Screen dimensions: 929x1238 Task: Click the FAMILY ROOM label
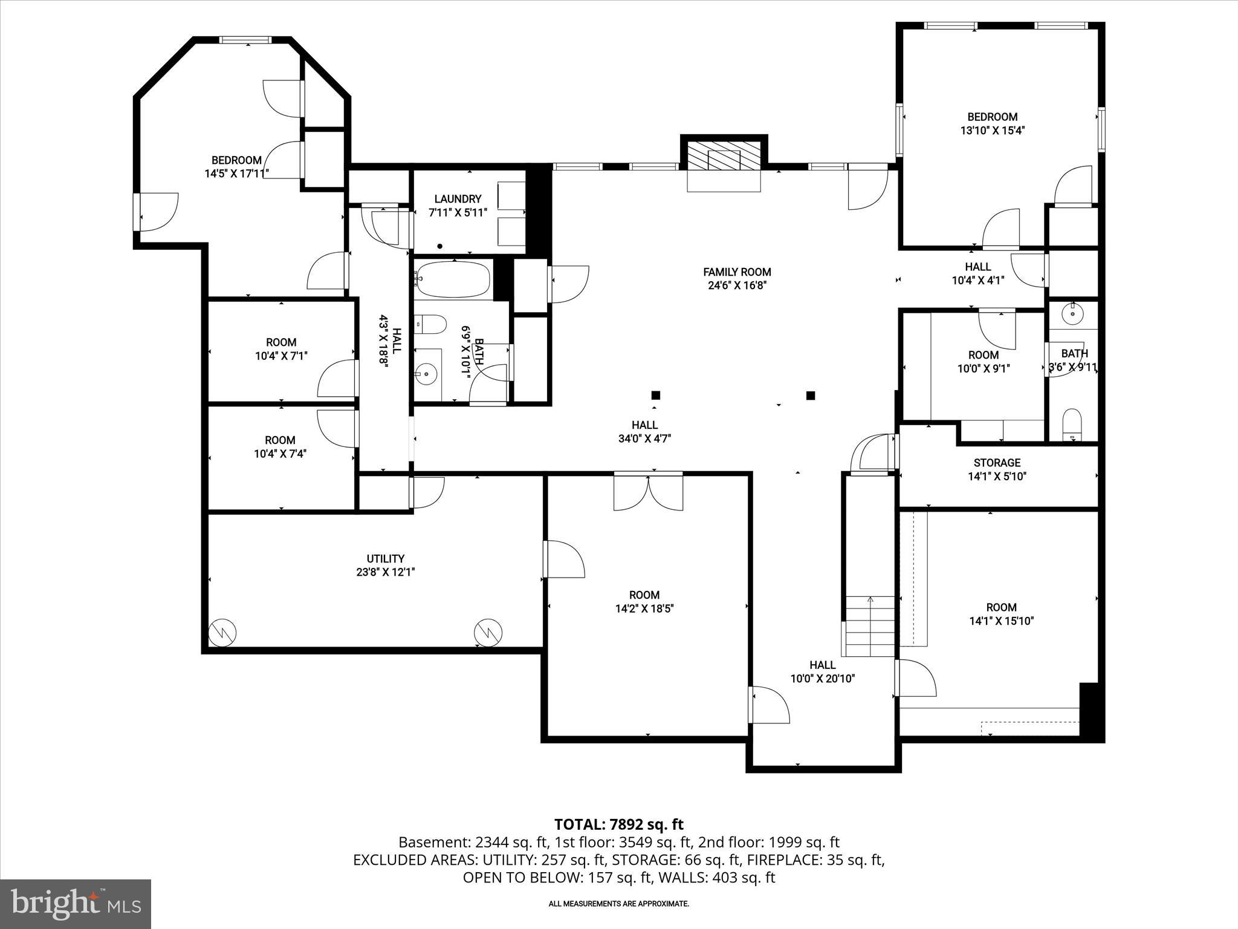[737, 273]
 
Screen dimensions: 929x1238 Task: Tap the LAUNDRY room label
[458, 199]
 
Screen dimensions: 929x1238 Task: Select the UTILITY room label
[385, 559]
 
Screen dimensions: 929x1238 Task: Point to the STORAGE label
[997, 463]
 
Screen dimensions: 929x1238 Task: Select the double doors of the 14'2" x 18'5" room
[649, 492]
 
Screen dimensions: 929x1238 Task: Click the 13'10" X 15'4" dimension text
[992, 130]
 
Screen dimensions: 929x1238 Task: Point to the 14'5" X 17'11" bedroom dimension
[236, 174]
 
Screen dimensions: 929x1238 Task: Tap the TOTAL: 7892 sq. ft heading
[618, 824]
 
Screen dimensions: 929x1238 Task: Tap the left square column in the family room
[655, 396]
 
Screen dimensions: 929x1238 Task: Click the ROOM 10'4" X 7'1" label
[281, 349]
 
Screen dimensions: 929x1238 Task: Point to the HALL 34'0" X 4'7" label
[644, 432]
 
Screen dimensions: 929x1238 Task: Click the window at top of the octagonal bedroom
[245, 41]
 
